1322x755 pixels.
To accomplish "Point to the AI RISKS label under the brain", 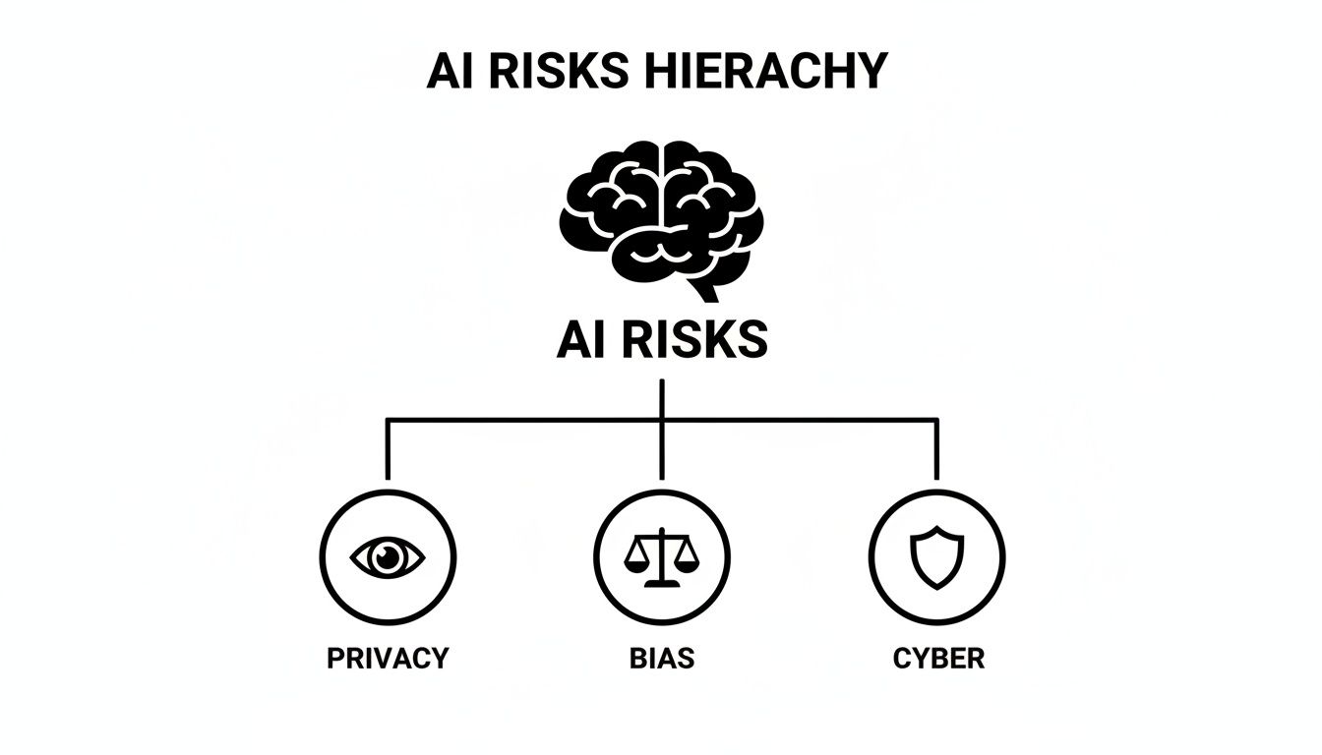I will (x=661, y=340).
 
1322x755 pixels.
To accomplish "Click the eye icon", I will (x=388, y=557).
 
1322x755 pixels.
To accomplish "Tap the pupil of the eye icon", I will (x=388, y=557).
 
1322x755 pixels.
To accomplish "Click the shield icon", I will (x=935, y=557).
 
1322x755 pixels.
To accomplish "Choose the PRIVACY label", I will (x=388, y=658).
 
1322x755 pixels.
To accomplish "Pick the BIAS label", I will (x=661, y=658).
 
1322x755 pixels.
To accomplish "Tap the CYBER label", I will (x=938, y=658).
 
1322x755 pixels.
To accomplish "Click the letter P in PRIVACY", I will (x=335, y=658).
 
